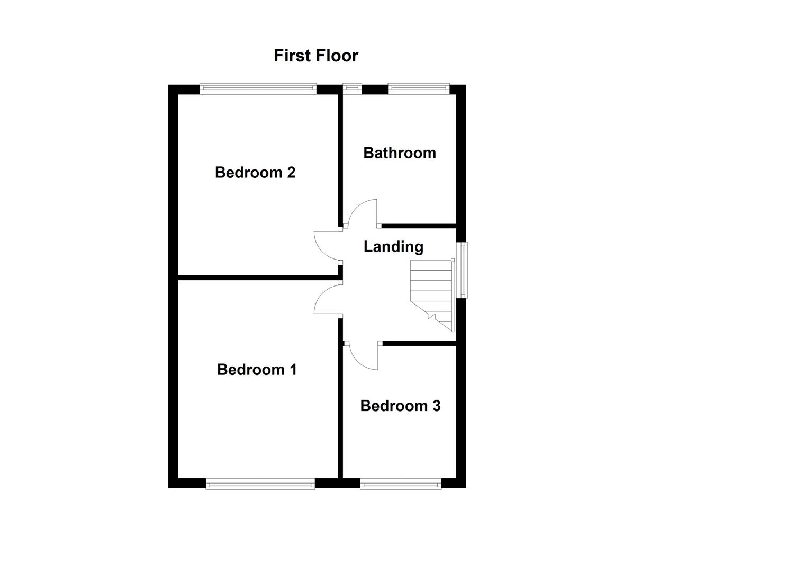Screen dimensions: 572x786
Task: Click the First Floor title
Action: coord(316,56)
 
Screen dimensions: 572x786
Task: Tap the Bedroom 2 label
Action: coord(255,172)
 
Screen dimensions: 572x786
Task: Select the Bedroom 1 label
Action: coord(257,369)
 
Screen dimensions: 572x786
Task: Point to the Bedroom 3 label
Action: coord(400,406)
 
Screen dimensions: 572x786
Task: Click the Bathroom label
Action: coord(400,153)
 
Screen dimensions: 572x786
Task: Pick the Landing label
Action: coord(393,246)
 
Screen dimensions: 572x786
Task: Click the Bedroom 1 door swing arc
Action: coord(324,299)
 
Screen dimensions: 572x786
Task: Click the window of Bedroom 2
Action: coord(258,88)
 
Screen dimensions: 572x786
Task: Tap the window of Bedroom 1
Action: coord(260,484)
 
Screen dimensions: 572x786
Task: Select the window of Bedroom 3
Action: coord(401,484)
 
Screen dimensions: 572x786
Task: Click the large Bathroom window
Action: coord(419,88)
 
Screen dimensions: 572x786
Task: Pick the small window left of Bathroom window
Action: coord(351,88)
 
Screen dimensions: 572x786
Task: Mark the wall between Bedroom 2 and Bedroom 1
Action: coord(258,276)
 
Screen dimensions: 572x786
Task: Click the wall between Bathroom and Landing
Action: coord(418,226)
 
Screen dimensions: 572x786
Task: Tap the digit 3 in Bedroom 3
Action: coord(436,406)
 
